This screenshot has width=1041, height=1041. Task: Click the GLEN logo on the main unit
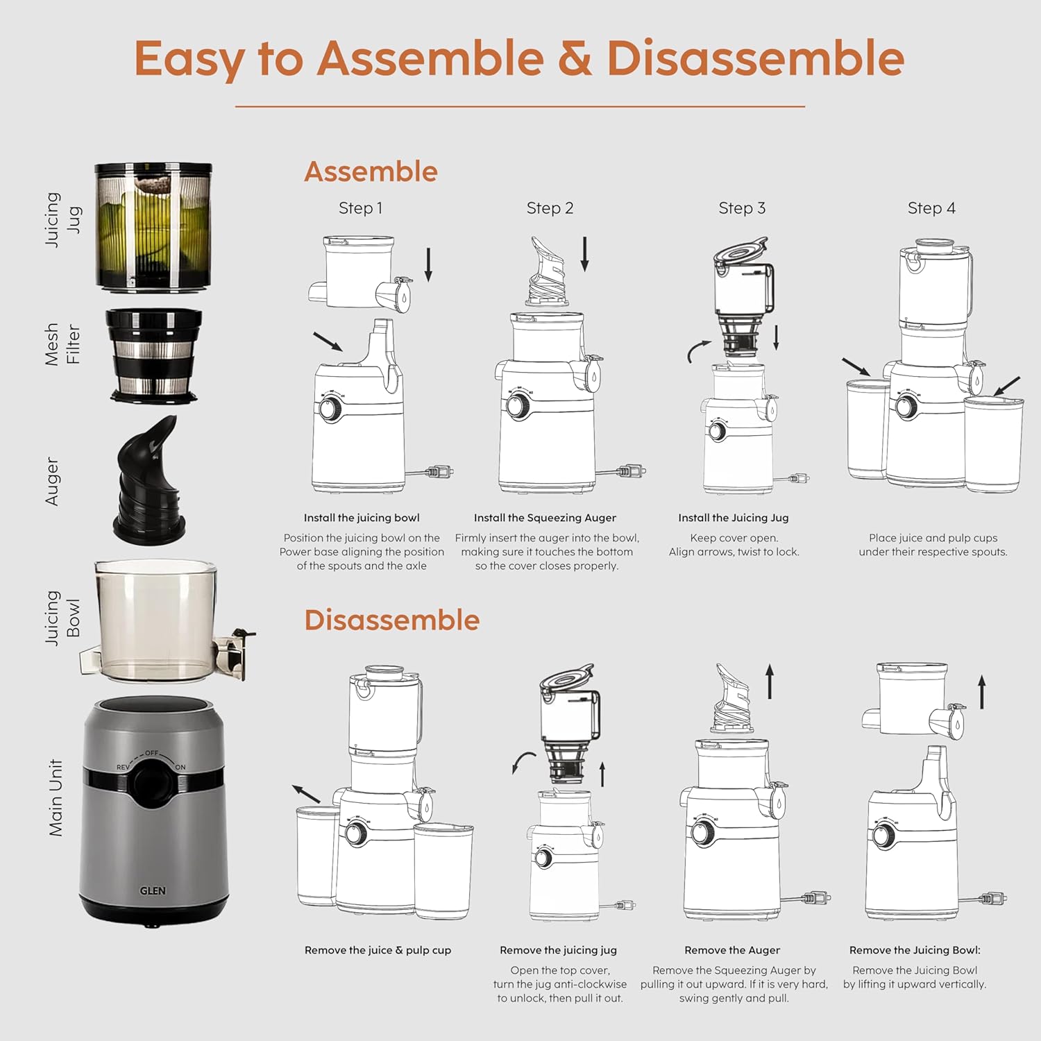pyautogui.click(x=153, y=890)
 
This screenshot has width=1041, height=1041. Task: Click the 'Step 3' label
pyautogui.click(x=742, y=208)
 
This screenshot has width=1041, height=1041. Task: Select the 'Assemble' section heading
pyautogui.click(x=371, y=171)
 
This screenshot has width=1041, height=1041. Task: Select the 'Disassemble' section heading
pyautogui.click(x=391, y=620)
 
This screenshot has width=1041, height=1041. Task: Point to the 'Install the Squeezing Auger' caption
pyautogui.click(x=545, y=518)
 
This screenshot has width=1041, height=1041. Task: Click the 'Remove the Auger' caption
pyautogui.click(x=732, y=950)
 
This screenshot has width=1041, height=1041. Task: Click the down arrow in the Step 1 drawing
pyautogui.click(x=428, y=264)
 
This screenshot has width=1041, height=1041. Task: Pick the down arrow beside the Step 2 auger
pyautogui.click(x=584, y=253)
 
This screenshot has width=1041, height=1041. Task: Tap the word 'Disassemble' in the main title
pyautogui.click(x=755, y=58)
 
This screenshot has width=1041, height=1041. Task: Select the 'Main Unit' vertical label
pyautogui.click(x=56, y=797)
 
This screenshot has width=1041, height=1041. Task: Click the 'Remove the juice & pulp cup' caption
pyautogui.click(x=378, y=950)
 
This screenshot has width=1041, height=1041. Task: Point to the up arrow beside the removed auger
pyautogui.click(x=770, y=682)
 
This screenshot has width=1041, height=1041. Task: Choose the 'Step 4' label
pyautogui.click(x=931, y=208)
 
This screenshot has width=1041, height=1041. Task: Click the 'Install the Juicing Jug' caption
pyautogui.click(x=734, y=518)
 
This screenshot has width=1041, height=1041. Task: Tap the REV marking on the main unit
pyautogui.click(x=122, y=768)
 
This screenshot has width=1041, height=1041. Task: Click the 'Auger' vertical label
pyautogui.click(x=53, y=481)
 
